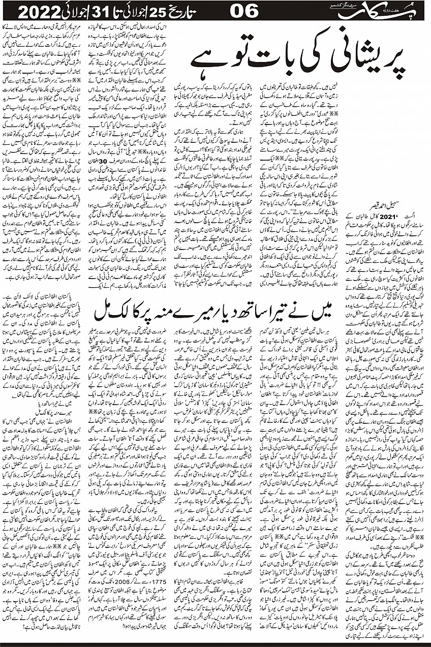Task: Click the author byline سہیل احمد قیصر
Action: tap(391, 208)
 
